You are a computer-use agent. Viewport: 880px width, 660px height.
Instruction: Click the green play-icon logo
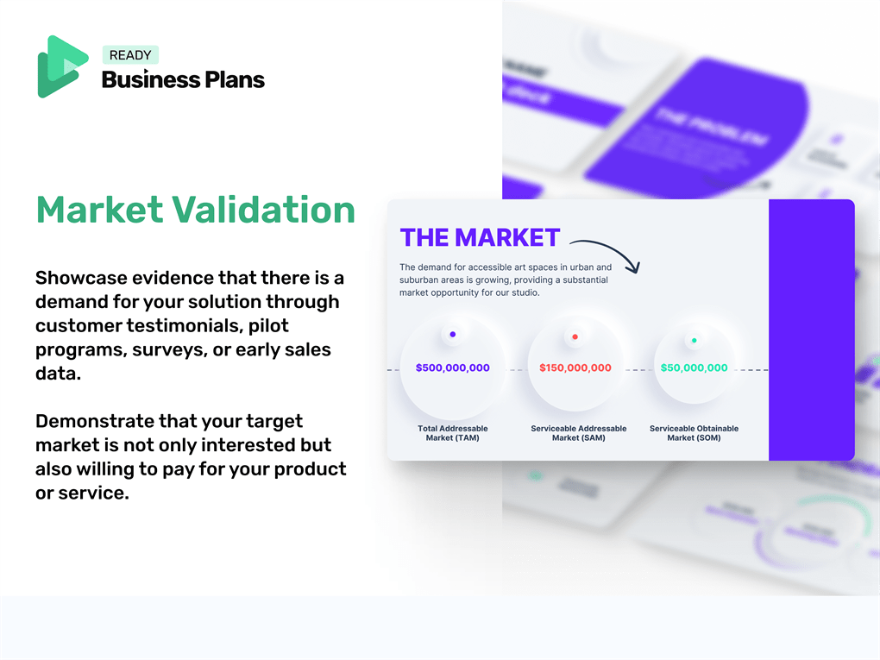point(62,66)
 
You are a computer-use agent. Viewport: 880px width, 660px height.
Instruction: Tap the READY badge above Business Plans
point(130,55)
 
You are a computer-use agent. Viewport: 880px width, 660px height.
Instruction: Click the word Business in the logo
point(139,80)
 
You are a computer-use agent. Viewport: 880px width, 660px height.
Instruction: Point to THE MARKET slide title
point(480,237)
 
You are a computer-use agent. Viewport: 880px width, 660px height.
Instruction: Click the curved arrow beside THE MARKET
point(607,252)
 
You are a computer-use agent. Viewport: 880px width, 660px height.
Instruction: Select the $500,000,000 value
point(452,368)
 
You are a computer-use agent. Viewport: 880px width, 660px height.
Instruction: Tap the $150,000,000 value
point(575,368)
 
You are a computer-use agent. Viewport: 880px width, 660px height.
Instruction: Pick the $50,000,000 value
point(694,368)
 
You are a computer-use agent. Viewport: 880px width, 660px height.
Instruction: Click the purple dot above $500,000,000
point(453,335)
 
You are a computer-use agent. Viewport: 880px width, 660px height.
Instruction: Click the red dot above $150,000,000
point(575,336)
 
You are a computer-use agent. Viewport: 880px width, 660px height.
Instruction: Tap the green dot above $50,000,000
point(694,340)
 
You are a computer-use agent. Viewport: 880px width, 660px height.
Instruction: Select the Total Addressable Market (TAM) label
point(452,433)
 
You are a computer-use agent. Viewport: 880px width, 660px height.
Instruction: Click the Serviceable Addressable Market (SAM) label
point(578,433)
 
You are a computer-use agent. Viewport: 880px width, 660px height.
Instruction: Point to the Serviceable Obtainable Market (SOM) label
point(694,433)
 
